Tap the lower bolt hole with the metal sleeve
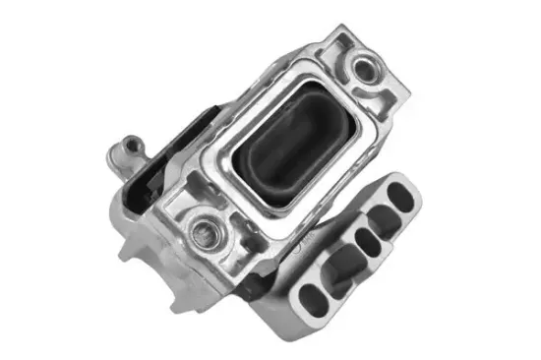coord(205,233)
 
